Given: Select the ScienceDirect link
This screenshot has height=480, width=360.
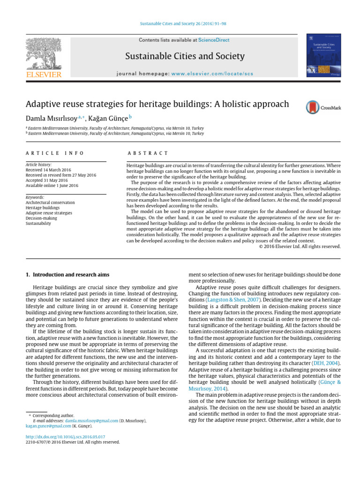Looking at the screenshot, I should pyautogui.click(x=214, y=40).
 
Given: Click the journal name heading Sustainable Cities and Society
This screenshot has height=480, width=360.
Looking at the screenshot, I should pyautogui.click(x=185, y=57).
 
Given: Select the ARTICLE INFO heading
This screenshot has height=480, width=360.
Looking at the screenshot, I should pyautogui.click(x=54, y=153).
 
